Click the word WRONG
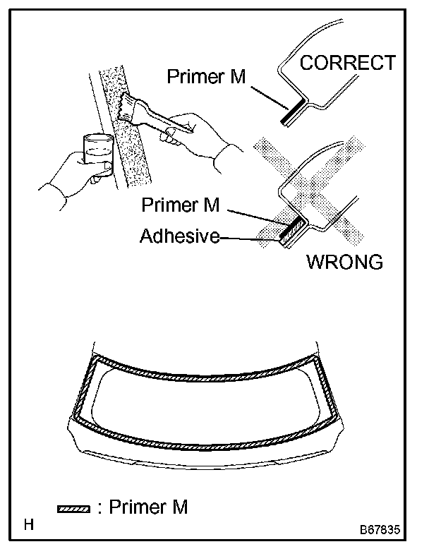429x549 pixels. [x=344, y=263]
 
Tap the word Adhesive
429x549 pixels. [x=180, y=236]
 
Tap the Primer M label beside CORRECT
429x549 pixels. [x=206, y=77]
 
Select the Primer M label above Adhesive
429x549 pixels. [x=181, y=205]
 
